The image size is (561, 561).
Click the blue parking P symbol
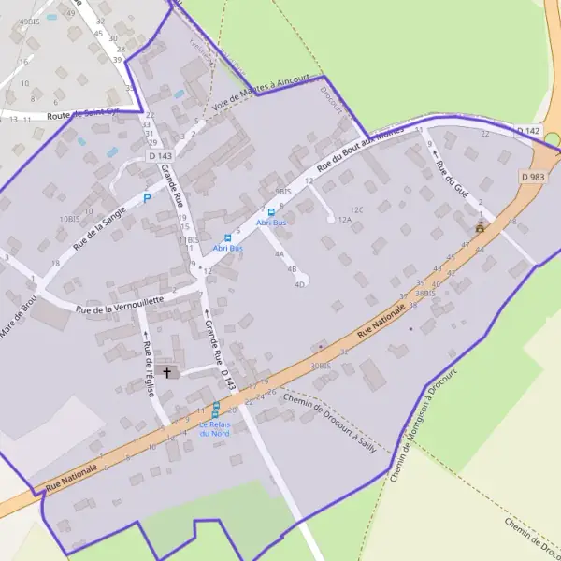[x=147, y=197]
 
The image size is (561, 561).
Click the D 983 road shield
[x=533, y=177]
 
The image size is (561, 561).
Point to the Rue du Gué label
[x=451, y=171]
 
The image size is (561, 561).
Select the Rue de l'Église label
[x=149, y=367]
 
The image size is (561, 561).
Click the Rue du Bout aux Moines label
[x=358, y=151]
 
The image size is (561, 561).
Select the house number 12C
[x=355, y=209]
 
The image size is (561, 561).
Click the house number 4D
[x=300, y=283]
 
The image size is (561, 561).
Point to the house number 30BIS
[x=321, y=366]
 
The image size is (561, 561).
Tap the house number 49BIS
[x=29, y=21]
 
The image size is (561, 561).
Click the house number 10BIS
[x=69, y=218]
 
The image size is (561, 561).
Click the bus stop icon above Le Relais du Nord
[x=215, y=408]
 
